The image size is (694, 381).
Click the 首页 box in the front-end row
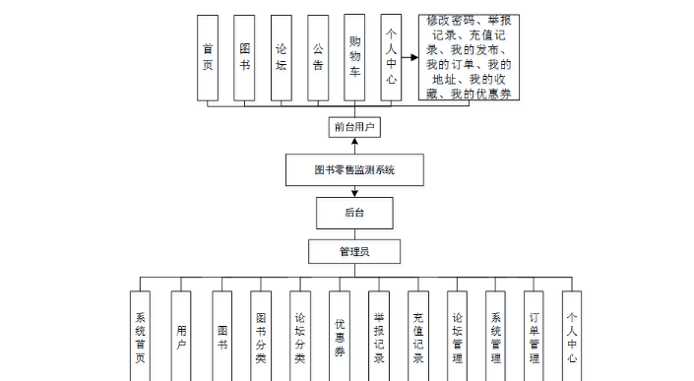pos(207,57)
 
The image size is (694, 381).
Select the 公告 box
pos(317,57)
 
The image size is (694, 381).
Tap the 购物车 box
pos(354,57)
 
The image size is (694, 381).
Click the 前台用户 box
pos(353,128)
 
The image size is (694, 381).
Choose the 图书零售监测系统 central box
pos(353,170)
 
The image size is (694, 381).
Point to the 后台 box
pos(353,213)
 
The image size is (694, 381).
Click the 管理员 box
pos(353,252)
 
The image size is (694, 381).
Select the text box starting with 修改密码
pos(468,57)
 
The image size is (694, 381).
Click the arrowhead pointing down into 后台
pos(353,193)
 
